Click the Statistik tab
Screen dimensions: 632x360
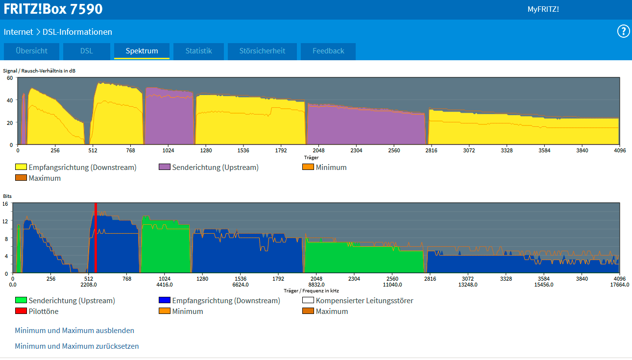click(x=198, y=51)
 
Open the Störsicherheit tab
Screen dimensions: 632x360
click(x=262, y=51)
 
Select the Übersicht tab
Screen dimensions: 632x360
click(x=31, y=51)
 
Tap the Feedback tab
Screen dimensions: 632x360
click(x=328, y=51)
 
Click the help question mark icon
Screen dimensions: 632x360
click(x=623, y=31)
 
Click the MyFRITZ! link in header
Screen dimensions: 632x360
click(x=543, y=9)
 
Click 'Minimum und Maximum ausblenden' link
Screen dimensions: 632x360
click(x=74, y=331)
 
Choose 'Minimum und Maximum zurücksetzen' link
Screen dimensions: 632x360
click(x=77, y=346)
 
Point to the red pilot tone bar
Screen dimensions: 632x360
click(x=96, y=238)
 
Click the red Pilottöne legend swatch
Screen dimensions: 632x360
click(x=21, y=311)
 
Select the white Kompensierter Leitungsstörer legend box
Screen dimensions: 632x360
click(x=308, y=300)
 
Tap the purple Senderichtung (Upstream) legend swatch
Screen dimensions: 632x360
click(x=165, y=167)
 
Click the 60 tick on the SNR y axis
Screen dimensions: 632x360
click(x=10, y=78)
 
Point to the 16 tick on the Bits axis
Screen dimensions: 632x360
click(x=5, y=204)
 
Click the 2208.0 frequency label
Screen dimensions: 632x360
click(x=89, y=285)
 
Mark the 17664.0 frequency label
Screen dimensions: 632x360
click(x=620, y=285)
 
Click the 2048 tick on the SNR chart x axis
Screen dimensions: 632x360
click(x=318, y=150)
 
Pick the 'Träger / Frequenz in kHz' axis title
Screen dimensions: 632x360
click(x=311, y=290)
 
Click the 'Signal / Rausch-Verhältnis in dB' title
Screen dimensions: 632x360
click(x=39, y=71)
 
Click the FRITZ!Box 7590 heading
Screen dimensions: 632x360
click(x=53, y=9)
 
